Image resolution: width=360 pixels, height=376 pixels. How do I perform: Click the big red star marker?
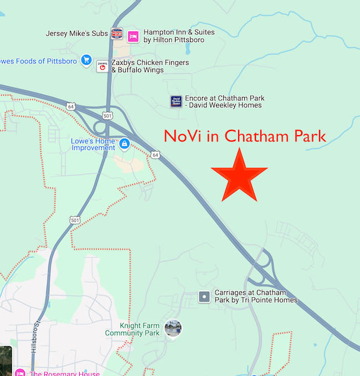[239, 175]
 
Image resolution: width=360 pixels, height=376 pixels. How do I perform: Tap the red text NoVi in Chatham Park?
[244, 136]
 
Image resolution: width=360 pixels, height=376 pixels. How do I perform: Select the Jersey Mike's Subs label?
[77, 33]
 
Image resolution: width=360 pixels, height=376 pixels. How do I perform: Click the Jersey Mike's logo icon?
[116, 33]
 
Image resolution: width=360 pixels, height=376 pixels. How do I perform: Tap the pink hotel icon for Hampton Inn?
[133, 37]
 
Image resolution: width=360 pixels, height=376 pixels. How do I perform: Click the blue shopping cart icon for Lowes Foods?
[86, 60]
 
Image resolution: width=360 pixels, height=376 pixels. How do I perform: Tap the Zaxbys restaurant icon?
[102, 66]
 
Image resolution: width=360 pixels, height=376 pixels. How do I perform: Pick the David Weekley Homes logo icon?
[176, 101]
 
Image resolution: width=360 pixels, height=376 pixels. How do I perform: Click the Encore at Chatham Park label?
[224, 101]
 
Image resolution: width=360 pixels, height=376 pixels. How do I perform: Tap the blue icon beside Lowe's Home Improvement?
[125, 145]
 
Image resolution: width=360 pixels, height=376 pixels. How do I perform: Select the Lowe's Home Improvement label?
[93, 145]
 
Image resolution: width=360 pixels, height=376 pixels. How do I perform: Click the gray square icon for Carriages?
[204, 297]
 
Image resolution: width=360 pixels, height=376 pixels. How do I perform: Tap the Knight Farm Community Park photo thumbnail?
[173, 328]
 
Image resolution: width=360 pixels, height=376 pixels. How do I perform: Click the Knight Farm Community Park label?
[132, 329]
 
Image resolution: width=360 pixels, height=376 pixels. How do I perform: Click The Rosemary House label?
[64, 373]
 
